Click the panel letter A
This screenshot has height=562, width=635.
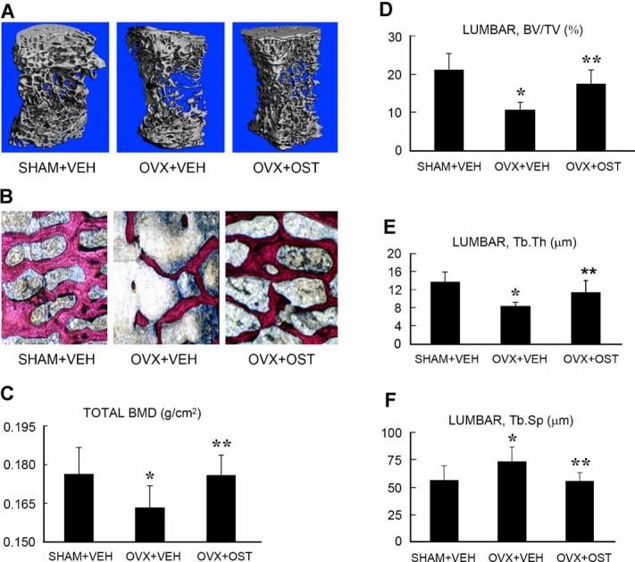tap(10, 10)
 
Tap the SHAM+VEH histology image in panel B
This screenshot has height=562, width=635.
tap(54, 273)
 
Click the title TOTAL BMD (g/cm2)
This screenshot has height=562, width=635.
tap(166, 414)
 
